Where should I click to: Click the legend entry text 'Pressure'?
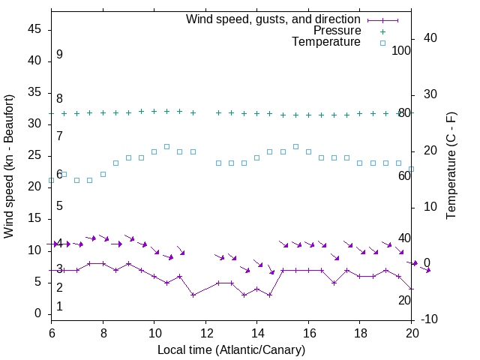point(337,31)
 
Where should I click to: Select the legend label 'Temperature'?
point(326,42)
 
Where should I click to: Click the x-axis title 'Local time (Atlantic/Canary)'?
point(231,349)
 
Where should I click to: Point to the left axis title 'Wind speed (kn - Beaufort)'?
point(10,166)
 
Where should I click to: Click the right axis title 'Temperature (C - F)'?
point(451,166)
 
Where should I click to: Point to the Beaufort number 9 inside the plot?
point(59,55)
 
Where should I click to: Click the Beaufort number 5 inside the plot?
point(59,205)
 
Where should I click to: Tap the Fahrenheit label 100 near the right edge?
point(401,50)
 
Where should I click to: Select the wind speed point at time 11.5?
point(193,295)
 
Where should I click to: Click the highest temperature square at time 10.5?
point(166,146)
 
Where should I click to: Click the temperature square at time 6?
point(51,180)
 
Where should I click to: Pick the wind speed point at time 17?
point(334,283)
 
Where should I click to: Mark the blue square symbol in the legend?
point(382,43)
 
